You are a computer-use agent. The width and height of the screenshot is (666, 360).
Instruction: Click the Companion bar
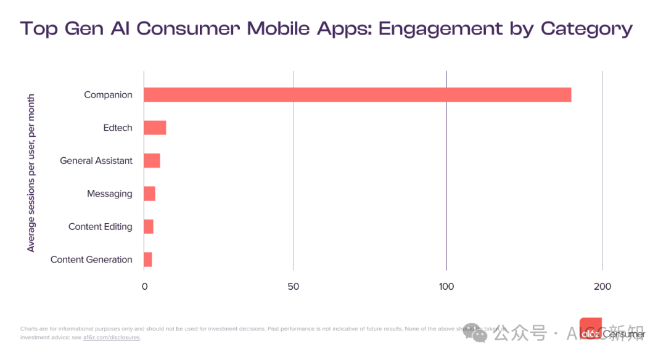[x=357, y=95]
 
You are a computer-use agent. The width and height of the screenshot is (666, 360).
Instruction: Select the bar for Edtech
[x=155, y=128]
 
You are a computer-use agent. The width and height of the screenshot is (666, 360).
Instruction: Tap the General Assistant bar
[x=152, y=161]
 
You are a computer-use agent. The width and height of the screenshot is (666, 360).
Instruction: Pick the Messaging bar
[x=149, y=194]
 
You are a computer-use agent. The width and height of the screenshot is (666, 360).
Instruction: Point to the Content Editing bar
[x=149, y=227]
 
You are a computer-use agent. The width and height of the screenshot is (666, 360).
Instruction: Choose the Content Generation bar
[x=148, y=260]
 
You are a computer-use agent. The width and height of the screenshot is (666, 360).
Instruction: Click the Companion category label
[x=108, y=95]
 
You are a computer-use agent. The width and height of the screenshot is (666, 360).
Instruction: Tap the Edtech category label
[x=118, y=128]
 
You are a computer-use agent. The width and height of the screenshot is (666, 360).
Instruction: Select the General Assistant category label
[x=96, y=161]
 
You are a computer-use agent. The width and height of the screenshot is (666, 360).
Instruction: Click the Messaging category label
[x=110, y=194]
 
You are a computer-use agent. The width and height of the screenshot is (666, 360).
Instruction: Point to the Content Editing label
[x=101, y=227]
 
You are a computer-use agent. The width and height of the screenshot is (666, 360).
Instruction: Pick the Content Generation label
[x=91, y=260]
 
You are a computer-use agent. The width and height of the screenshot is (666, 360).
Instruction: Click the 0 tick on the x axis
[x=145, y=287]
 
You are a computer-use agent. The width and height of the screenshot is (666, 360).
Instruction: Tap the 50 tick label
[x=294, y=287]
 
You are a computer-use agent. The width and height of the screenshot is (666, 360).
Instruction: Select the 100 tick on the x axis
[x=446, y=287]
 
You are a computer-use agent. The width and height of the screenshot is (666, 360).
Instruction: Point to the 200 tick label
[x=602, y=287]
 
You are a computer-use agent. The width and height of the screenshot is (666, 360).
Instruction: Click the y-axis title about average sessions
[x=31, y=173]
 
